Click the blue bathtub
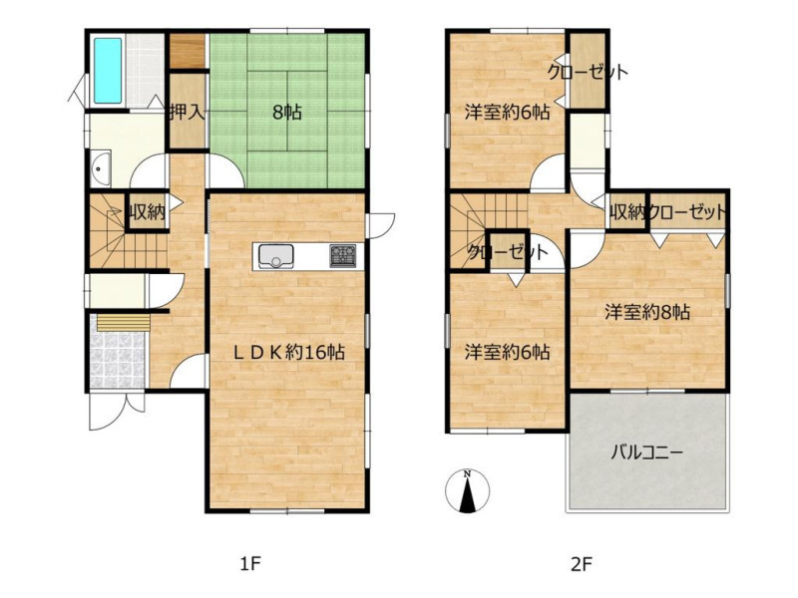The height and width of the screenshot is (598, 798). pos(108,70)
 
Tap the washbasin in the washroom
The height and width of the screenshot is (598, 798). pos(102,167)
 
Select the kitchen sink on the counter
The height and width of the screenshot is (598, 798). pos(276,256)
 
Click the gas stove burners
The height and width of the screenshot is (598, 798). pos(342,256)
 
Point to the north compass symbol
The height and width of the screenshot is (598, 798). pos(467,491)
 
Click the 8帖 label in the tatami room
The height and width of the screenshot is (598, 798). pos(287,112)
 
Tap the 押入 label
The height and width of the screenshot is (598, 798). pos(188,112)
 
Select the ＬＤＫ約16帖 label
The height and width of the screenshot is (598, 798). pos(289,352)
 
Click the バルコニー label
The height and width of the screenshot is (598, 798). pos(646,451)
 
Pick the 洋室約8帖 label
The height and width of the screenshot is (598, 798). pos(647,312)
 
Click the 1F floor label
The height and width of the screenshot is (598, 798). pos(250,563)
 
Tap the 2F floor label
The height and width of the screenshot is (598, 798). pos(582,563)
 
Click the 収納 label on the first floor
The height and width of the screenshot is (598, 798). pos(147,211)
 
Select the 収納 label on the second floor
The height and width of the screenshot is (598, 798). pos(627,211)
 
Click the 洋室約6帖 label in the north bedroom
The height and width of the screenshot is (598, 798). pos(507,112)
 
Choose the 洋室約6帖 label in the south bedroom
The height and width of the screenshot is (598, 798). pos(507,352)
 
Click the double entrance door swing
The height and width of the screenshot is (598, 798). pos(116,411)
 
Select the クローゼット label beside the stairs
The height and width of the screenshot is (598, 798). pos(508,252)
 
